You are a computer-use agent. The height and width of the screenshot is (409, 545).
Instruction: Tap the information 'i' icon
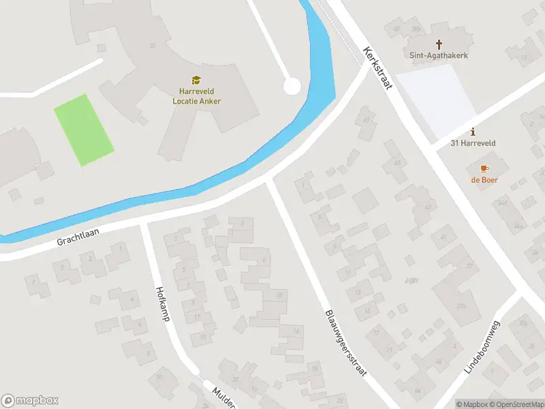pos(473,132)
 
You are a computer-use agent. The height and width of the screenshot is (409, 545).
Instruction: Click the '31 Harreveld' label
pos(473,143)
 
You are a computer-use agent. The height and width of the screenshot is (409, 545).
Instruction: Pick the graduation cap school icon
pos(196,80)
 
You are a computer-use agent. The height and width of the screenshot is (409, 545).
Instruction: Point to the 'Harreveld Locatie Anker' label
pos(196,96)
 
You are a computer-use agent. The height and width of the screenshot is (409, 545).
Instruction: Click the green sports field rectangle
pos(83,130)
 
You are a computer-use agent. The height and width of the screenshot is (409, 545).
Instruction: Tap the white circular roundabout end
pos(292,87)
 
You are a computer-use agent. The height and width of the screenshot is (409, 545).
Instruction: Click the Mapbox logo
pos(30,401)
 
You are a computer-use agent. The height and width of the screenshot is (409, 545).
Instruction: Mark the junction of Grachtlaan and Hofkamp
pos(143,224)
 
